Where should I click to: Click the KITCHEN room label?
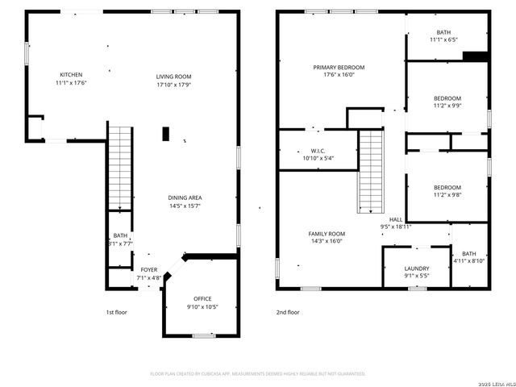[x=71, y=73]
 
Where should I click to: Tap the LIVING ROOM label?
[x=173, y=77]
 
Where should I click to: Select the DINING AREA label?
[x=185, y=198]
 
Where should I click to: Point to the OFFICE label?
[x=202, y=298]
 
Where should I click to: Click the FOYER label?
[x=149, y=269]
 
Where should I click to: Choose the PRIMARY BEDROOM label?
[x=339, y=68]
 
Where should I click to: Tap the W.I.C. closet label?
[x=317, y=150]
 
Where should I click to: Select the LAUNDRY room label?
[x=417, y=268]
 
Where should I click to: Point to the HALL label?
[x=396, y=219]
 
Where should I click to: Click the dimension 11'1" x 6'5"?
[x=443, y=40]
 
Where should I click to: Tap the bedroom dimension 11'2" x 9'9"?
[x=447, y=106]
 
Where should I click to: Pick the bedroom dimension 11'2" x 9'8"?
[x=447, y=194]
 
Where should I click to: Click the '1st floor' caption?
[x=116, y=312]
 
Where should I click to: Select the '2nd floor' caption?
[x=288, y=312]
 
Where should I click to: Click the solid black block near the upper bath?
[x=476, y=56]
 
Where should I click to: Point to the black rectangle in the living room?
[x=166, y=134]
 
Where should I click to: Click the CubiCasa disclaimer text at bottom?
[x=258, y=373]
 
